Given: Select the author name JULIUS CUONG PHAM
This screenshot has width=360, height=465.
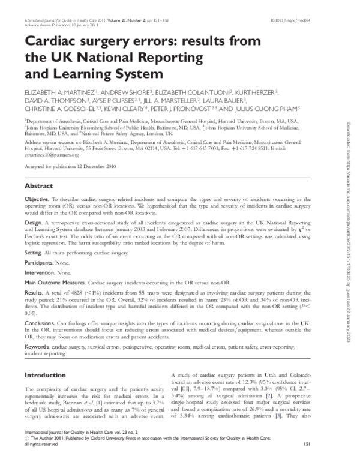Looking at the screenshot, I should pos(273,110).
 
